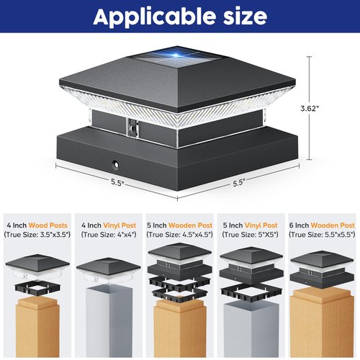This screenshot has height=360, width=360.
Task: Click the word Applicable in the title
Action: [154, 17]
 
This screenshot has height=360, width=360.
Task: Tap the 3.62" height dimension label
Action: [310, 108]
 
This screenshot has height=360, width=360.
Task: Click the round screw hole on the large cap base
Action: [115, 165]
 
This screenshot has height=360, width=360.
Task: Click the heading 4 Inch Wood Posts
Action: [37, 225]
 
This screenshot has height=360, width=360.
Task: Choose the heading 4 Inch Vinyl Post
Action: [109, 225]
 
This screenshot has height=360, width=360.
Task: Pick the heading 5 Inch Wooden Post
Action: [180, 225]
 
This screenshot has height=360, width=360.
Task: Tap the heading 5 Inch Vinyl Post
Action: [251, 225]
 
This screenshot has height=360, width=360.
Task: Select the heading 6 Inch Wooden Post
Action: [322, 225]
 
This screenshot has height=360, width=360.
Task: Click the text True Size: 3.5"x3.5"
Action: [37, 235]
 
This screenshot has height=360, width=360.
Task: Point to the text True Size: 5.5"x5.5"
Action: [322, 235]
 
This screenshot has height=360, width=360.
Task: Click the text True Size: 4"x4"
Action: [109, 235]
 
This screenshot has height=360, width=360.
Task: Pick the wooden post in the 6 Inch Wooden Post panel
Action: [322, 323]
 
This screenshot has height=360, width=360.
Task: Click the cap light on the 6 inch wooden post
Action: [322, 269]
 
